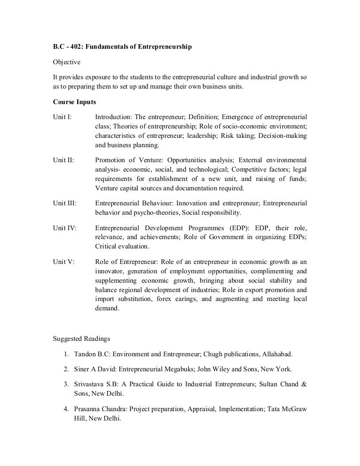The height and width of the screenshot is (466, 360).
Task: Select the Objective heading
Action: [x=67, y=62]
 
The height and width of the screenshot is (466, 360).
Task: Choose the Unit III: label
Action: [x=65, y=203]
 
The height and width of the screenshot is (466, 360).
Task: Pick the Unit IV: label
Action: [x=65, y=228]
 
